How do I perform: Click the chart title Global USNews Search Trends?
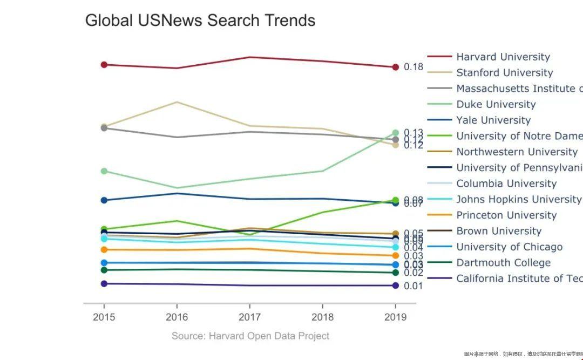[200, 21]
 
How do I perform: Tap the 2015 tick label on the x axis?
[104, 317]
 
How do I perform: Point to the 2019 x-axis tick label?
[395, 317]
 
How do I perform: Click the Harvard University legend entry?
[503, 57]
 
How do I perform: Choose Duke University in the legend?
[496, 104]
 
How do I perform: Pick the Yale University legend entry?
[493, 120]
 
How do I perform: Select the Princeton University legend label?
[506, 215]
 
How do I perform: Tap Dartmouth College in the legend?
[503, 262]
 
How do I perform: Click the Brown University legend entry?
[498, 231]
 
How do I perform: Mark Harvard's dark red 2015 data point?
[104, 65]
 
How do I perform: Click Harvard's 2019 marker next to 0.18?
[395, 67]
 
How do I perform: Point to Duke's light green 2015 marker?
[104, 171]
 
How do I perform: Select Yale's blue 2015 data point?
[104, 200]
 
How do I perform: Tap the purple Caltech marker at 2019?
[395, 286]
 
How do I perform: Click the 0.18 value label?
[413, 67]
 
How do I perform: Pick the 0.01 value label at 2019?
[413, 286]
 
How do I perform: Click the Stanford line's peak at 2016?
[177, 101]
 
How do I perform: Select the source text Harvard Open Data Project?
[250, 336]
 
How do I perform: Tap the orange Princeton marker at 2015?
[104, 249]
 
